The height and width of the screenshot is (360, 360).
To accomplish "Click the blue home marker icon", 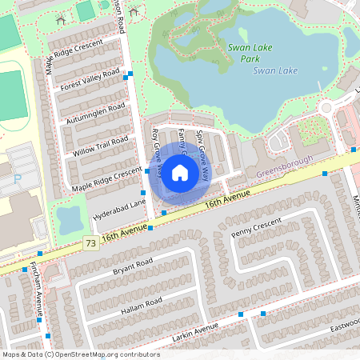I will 179,172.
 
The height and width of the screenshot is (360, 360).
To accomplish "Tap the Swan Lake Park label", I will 250,53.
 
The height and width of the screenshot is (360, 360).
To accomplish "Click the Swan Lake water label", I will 275,70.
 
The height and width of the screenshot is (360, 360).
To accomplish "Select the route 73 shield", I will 90,242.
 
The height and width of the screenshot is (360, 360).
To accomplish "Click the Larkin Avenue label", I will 195,331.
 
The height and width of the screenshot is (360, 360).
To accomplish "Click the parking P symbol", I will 18,179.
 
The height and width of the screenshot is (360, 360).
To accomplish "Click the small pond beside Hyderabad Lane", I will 69,218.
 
